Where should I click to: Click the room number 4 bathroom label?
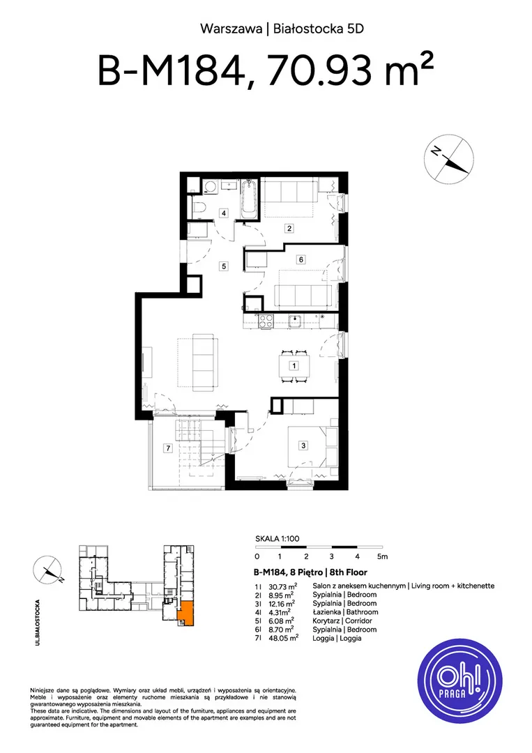224,213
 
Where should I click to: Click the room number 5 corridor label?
223,266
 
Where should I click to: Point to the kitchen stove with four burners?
266,320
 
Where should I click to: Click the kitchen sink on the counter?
294,320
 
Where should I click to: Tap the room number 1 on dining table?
294,365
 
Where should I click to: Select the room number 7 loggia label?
167,448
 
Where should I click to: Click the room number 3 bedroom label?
303,446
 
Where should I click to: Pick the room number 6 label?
301,260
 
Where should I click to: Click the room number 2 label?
289,228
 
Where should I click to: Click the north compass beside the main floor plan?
449,159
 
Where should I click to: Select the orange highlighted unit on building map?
185,612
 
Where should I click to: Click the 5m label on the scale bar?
382,556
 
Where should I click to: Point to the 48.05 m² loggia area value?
283,638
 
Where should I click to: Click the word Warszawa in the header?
231,29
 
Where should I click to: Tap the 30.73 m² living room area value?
283,586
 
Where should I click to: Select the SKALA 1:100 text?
277,539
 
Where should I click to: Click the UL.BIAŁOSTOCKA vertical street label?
38,623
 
